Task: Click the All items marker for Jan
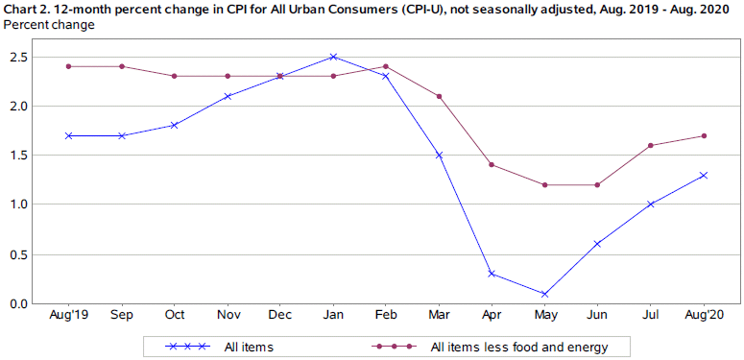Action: (333, 57)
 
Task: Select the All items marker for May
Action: (544, 294)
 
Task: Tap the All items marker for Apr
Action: (492, 274)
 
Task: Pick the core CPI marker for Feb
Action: (386, 66)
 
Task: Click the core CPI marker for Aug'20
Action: (704, 135)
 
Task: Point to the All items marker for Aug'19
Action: (69, 135)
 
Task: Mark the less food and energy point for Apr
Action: (492, 165)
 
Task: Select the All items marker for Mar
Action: (439, 155)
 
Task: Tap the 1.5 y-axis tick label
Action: (18, 156)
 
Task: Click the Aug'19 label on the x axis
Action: (69, 316)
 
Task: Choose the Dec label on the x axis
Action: (280, 316)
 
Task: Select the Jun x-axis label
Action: (597, 316)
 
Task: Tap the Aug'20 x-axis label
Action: (704, 316)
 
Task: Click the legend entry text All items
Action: (244, 346)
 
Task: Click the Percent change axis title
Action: (49, 24)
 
